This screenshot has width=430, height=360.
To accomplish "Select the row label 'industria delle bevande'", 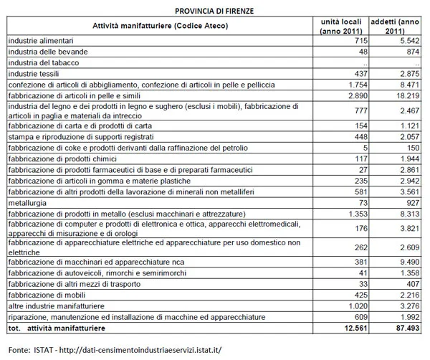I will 47,53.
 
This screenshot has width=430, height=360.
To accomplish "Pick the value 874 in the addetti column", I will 410,53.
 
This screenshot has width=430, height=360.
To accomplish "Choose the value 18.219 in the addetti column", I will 403,95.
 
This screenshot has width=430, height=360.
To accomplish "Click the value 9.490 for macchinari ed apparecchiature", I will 406,262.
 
